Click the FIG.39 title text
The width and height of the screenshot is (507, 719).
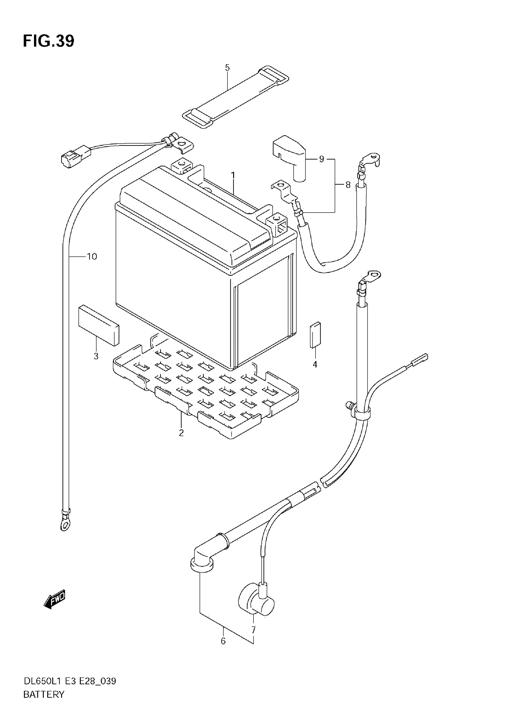(49, 41)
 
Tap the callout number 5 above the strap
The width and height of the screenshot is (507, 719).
(227, 68)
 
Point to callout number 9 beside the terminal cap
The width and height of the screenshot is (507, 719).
(321, 159)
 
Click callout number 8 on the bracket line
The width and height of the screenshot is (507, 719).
(348, 185)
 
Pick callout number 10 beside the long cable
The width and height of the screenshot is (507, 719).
(92, 256)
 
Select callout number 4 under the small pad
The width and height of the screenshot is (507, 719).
(315, 364)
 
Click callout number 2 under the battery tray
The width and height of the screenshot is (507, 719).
(181, 433)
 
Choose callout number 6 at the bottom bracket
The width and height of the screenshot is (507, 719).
(223, 641)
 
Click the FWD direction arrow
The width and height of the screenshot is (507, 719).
(55, 599)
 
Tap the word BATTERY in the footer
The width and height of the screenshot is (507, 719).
(44, 694)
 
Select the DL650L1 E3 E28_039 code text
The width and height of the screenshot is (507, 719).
(69, 681)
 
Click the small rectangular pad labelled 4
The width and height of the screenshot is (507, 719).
(315, 335)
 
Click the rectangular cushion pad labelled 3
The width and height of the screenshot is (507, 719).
(98, 325)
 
